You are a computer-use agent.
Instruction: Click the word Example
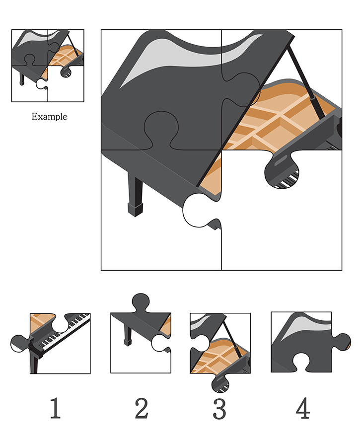tap(49, 116)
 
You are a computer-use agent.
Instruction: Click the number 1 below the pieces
tap(55, 408)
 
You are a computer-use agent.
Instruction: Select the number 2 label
tap(142, 408)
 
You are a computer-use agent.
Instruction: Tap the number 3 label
tap(219, 408)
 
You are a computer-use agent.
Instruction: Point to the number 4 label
tap(303, 408)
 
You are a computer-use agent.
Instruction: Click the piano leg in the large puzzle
tap(135, 195)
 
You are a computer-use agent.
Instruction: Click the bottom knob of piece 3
tap(220, 383)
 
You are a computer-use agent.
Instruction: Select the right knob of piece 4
tap(342, 342)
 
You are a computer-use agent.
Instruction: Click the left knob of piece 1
tap(20, 343)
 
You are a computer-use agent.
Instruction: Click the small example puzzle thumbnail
tap(48, 66)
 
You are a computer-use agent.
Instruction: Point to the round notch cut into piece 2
tap(160, 343)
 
